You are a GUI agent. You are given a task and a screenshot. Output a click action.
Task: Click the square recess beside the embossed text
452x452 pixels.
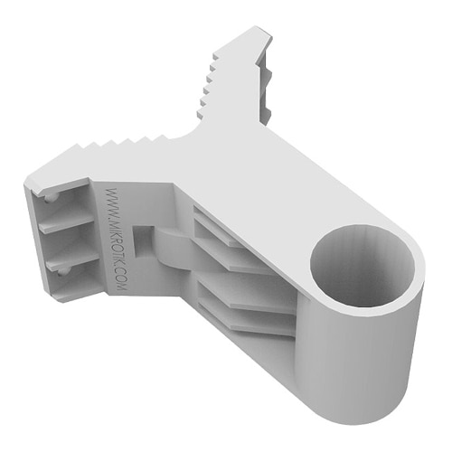pos(142,237)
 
